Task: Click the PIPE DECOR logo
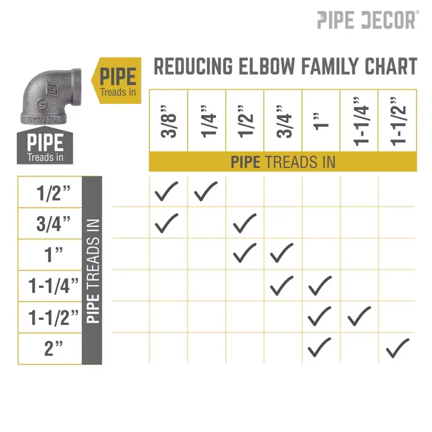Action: [x=368, y=20]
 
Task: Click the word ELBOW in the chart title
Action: [x=267, y=66]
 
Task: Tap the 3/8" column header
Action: [x=168, y=121]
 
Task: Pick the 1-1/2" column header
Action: [x=397, y=121]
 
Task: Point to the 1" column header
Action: [x=321, y=121]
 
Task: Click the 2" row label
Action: [x=54, y=349]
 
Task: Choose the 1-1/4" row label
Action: [x=54, y=286]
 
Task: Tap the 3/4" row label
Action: [x=54, y=224]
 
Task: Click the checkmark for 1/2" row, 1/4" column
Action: [x=205, y=191]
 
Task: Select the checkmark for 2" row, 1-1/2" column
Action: [x=397, y=348]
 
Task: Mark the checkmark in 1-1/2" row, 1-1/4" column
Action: [x=359, y=316]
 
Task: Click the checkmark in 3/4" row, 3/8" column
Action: [x=166, y=223]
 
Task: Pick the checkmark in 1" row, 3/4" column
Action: [x=281, y=253]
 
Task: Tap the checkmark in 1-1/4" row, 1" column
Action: [x=320, y=286]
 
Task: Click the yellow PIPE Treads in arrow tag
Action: [x=116, y=81]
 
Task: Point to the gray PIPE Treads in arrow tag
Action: [x=45, y=146]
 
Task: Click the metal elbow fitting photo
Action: [x=51, y=96]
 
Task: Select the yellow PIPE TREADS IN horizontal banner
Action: [x=283, y=162]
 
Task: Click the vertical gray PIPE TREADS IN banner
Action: [x=92, y=270]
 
